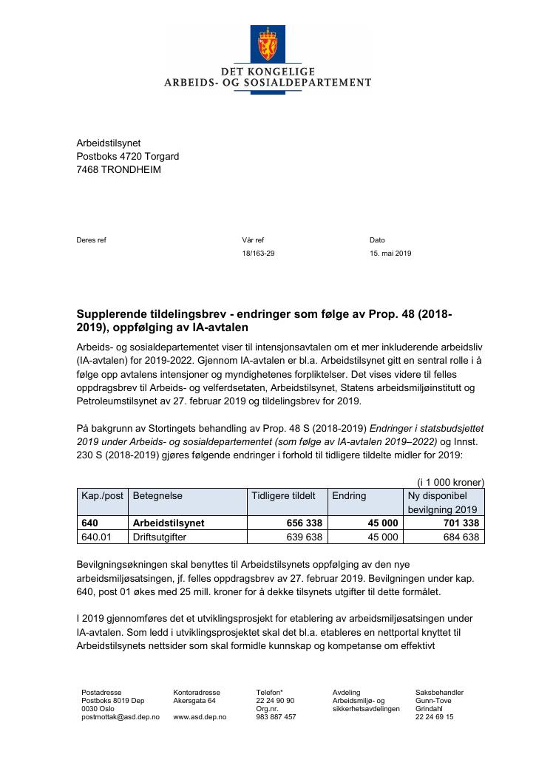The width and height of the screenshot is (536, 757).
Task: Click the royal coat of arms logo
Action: pyautogui.click(x=268, y=44)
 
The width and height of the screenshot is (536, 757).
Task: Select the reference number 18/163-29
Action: pyautogui.click(x=258, y=254)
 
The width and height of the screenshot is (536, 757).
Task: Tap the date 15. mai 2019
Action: pyautogui.click(x=390, y=254)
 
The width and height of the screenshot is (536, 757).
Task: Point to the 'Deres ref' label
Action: pyautogui.click(x=92, y=240)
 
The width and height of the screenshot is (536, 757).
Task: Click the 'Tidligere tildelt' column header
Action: pyautogui.click(x=284, y=495)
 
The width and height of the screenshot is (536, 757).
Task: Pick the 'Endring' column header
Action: pyautogui.click(x=349, y=495)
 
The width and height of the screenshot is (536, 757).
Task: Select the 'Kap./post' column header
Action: pyautogui.click(x=102, y=495)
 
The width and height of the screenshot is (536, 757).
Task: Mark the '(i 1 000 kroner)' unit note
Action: pyautogui.click(x=450, y=481)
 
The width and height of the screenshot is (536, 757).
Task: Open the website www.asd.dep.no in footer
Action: pyautogui.click(x=200, y=717)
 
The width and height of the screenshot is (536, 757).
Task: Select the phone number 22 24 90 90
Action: pyautogui.click(x=275, y=700)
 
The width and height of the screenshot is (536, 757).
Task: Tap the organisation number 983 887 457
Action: pyautogui.click(x=276, y=717)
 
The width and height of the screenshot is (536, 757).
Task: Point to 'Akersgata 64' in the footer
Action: pyautogui.click(x=194, y=700)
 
